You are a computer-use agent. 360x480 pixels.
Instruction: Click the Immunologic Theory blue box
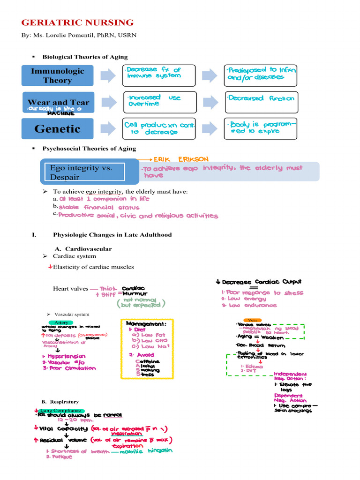[57, 75]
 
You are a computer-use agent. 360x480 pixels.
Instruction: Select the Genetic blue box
[57, 129]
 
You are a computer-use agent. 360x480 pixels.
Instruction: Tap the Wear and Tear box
[58, 102]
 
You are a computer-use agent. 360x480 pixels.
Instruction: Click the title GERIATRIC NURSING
[78, 22]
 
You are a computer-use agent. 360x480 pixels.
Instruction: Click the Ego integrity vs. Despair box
[85, 172]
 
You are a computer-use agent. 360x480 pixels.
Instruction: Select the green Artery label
[61, 322]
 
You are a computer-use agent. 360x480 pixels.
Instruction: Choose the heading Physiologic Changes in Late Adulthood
[112, 234]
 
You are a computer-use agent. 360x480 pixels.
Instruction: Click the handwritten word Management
[146, 323]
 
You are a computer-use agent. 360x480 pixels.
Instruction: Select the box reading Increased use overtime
[158, 102]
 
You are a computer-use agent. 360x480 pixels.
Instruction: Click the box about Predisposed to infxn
[261, 75]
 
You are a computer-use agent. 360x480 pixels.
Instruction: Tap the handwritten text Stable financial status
[99, 207]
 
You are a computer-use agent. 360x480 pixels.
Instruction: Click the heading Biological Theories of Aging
[85, 57]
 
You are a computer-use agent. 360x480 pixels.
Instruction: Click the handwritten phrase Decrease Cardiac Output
[262, 282]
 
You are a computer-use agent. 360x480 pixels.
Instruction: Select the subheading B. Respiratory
[60, 402]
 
